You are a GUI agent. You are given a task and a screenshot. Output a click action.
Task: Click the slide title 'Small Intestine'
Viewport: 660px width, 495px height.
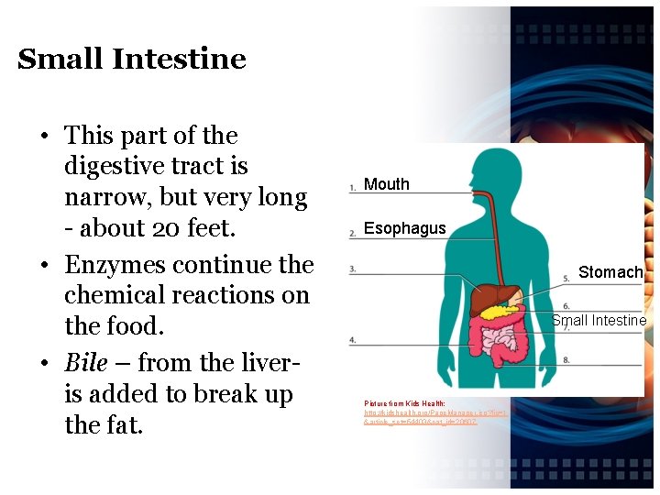tap(131, 60)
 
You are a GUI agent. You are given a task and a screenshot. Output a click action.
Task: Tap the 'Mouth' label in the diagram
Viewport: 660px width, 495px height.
tap(386, 184)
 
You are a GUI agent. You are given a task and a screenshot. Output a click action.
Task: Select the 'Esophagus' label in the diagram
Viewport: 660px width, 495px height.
tap(404, 228)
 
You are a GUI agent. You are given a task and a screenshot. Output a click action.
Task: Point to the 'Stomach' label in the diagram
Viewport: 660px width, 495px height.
tap(610, 272)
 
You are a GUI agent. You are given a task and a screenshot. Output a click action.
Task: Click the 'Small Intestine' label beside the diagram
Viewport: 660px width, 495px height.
tap(599, 320)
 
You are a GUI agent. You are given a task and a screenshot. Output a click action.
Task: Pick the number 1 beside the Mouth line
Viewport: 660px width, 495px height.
tap(352, 188)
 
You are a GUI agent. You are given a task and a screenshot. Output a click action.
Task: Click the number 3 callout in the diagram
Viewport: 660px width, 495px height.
tap(352, 269)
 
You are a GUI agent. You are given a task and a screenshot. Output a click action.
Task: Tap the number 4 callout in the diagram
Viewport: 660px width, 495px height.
tap(352, 340)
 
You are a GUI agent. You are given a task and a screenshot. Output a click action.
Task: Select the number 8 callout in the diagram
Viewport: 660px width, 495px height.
tap(566, 360)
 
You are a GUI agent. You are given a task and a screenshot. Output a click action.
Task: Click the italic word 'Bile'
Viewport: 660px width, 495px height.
tap(85, 363)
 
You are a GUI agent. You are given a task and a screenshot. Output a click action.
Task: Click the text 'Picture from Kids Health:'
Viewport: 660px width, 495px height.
tap(404, 403)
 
